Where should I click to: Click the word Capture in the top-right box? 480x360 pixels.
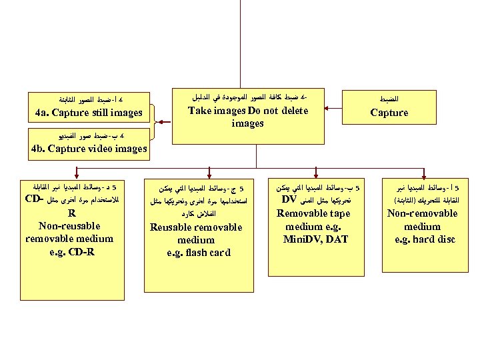pyautogui.click(x=389, y=113)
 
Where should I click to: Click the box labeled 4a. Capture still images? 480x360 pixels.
pyautogui.click(x=89, y=107)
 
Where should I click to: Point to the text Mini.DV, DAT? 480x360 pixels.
pyautogui.click(x=316, y=239)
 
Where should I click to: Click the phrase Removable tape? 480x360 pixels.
pyautogui.click(x=313, y=213)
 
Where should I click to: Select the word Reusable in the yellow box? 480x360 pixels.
pyautogui.click(x=171, y=227)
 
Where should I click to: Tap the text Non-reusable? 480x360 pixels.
pyautogui.click(x=70, y=226)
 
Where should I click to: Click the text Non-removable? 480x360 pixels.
pyautogui.click(x=423, y=213)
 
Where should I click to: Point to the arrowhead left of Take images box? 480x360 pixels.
pyautogui.click(x=158, y=121)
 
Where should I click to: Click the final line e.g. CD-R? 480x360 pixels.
pyautogui.click(x=70, y=251)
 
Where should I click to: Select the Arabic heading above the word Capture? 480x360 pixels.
pyautogui.click(x=390, y=97)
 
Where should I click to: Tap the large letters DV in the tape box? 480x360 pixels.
pyautogui.click(x=289, y=199)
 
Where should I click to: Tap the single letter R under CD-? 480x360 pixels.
pyautogui.click(x=71, y=213)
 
